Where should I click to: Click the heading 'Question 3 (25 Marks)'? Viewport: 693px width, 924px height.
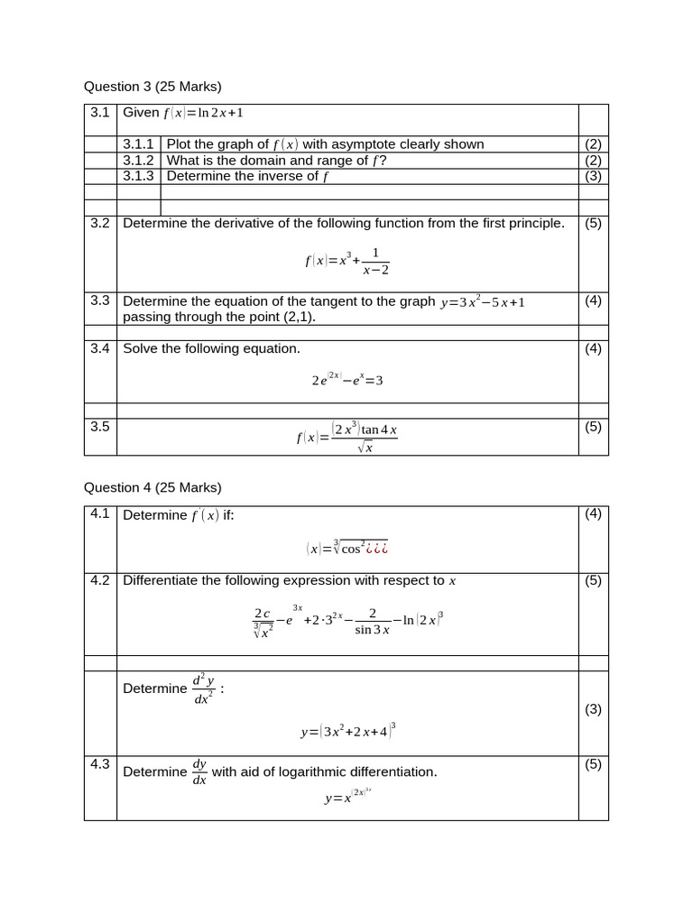(x=152, y=87)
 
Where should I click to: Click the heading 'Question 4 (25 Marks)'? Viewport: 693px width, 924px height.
(x=152, y=487)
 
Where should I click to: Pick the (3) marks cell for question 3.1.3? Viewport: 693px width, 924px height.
(x=593, y=176)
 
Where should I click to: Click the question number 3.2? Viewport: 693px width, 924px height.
(x=100, y=223)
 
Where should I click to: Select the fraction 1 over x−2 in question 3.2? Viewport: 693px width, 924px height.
(x=375, y=261)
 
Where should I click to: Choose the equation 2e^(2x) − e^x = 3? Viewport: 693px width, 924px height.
(x=347, y=380)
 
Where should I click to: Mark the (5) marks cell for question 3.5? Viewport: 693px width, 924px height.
(x=593, y=427)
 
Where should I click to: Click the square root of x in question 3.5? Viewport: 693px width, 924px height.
(x=365, y=448)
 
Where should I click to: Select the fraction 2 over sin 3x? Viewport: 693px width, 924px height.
(x=372, y=621)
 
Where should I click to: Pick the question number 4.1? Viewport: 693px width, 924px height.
(x=100, y=513)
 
